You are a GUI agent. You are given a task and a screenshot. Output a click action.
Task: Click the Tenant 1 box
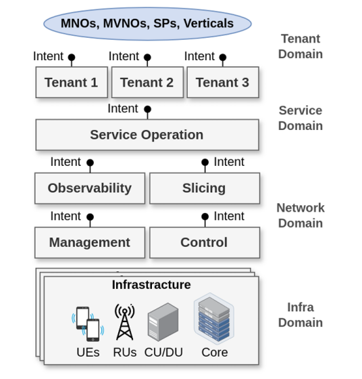click(72, 82)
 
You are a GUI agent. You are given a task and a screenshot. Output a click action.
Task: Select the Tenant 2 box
click(147, 82)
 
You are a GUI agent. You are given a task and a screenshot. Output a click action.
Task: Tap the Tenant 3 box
click(223, 82)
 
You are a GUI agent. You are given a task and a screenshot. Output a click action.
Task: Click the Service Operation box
click(147, 135)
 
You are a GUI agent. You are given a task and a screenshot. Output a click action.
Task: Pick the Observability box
click(90, 188)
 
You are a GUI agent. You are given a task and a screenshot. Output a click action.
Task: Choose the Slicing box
click(205, 188)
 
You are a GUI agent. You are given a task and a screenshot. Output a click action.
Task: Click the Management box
click(90, 242)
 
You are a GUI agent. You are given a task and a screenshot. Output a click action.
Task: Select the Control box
click(205, 242)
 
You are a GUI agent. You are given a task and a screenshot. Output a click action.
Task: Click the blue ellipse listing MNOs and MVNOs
click(147, 24)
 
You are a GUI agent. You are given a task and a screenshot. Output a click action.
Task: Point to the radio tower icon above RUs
click(125, 322)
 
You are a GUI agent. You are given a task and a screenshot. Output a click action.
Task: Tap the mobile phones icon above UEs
click(88, 324)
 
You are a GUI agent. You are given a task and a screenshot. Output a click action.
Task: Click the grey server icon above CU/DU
click(163, 322)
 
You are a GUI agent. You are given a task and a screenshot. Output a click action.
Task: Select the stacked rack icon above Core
click(214, 318)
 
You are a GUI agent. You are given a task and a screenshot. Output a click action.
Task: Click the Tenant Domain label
click(301, 46)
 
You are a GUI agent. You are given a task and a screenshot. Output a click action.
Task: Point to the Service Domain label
click(301, 118)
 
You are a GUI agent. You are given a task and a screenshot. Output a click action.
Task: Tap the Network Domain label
click(301, 215)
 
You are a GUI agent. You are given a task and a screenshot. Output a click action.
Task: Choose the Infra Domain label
click(301, 315)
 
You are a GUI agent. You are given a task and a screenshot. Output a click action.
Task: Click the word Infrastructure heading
click(151, 285)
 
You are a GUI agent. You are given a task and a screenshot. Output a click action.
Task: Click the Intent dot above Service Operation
click(148, 109)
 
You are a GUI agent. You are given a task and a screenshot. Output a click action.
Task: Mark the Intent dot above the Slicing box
click(205, 162)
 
